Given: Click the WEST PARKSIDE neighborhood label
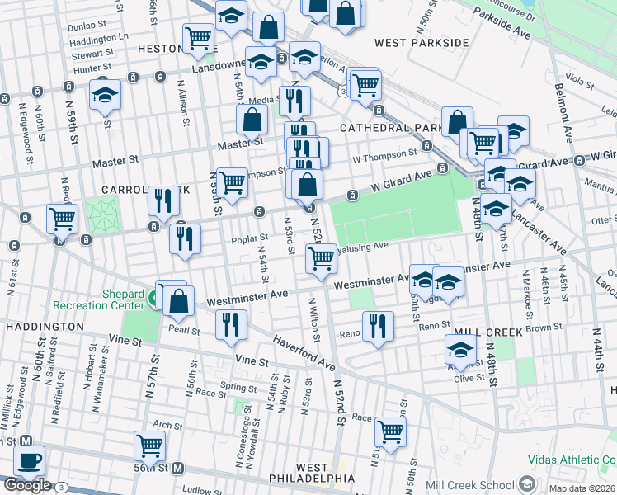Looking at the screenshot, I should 422,42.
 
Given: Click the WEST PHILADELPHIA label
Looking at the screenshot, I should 313,473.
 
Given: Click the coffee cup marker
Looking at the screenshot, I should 30,460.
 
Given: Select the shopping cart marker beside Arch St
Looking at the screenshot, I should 149,445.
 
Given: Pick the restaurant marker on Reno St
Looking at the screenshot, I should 378,324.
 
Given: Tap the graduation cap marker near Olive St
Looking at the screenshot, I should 460,350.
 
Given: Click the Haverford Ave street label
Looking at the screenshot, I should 304,352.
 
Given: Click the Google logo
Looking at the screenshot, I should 26,485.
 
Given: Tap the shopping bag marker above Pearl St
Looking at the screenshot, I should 179,301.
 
